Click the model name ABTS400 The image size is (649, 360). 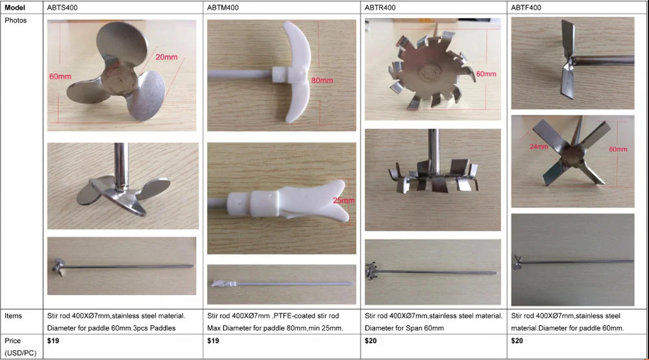tap(62, 7)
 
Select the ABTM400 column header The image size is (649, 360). tap(223, 7)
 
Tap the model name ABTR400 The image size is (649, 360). tap(380, 7)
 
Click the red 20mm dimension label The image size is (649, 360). tap(166, 57)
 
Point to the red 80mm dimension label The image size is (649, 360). tap(322, 80)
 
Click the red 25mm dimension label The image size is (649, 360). tap(343, 200)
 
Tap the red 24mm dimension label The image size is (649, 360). tap(539, 147)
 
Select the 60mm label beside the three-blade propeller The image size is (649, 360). tap(60, 77)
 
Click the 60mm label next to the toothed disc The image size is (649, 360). tap(486, 74)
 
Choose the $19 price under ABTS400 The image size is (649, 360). tap(53, 341)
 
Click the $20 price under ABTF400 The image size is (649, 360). tap(517, 341)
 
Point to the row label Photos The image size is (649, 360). tap(16, 20)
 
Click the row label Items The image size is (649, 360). tap(13, 316)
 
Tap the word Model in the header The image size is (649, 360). tap(15, 7)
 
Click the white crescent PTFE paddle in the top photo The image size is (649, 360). tap(296, 73)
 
